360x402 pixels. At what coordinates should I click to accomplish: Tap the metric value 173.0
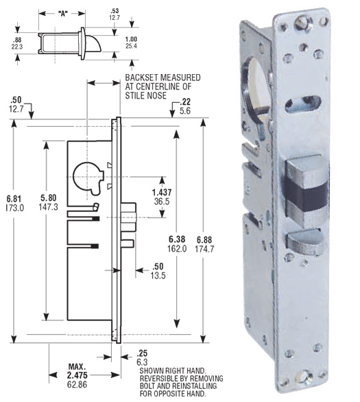(14, 206)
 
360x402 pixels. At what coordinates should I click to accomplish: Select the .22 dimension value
(185, 102)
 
